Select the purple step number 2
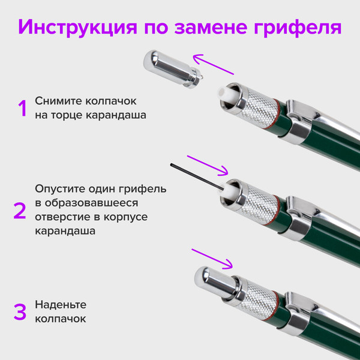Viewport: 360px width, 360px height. point(20,210)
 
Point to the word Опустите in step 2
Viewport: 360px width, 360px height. point(59,188)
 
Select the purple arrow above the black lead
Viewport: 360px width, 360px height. point(208,163)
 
